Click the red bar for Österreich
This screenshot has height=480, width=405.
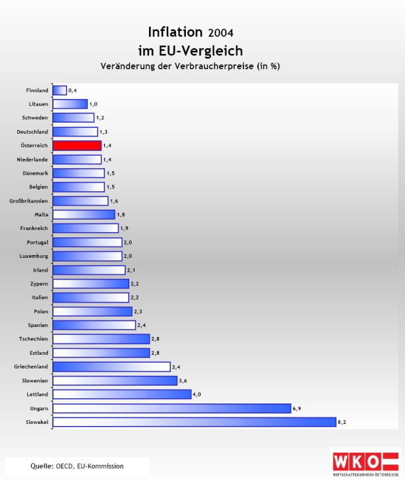[x=77, y=146]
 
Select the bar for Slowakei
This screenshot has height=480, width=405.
[x=194, y=422]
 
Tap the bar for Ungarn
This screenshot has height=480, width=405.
[x=171, y=408]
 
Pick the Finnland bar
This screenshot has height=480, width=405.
[x=59, y=90]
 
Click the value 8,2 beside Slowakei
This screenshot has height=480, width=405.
[x=342, y=422]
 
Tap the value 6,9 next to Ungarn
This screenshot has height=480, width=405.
[x=297, y=408]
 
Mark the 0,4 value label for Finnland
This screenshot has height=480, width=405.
[x=73, y=90]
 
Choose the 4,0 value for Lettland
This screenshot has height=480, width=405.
[x=196, y=394]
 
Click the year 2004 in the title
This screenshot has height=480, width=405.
[x=220, y=32]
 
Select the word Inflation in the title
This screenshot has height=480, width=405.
[x=175, y=32]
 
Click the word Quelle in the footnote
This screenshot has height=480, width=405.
[x=41, y=466]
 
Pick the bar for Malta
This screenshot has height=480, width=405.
[x=84, y=214]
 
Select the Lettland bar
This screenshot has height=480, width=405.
[x=122, y=394]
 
